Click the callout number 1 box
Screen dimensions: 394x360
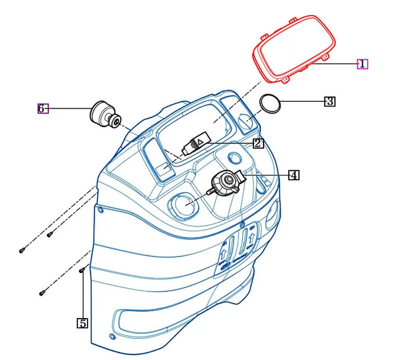click(362, 64)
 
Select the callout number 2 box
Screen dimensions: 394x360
click(258, 143)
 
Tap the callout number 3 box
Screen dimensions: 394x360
click(329, 101)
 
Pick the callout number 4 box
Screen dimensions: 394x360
click(293, 175)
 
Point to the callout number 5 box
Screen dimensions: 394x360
click(82, 323)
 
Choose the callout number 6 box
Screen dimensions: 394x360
click(43, 109)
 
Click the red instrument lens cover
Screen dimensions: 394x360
click(294, 49)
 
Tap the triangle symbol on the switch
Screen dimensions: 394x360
click(200, 142)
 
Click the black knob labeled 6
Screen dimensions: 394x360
click(105, 114)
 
